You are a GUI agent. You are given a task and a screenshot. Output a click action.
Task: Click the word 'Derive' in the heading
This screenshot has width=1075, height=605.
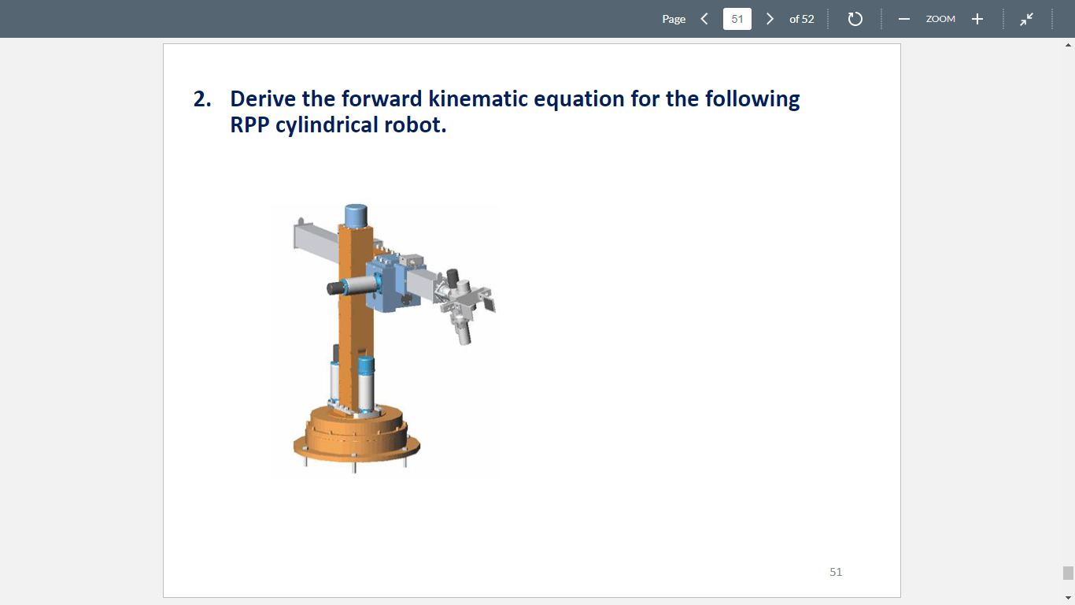pyautogui.click(x=263, y=99)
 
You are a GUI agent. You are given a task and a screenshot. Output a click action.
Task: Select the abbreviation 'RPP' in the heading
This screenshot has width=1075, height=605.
pyautogui.click(x=250, y=125)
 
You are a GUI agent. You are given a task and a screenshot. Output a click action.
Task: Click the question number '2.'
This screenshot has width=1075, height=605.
pyautogui.click(x=203, y=99)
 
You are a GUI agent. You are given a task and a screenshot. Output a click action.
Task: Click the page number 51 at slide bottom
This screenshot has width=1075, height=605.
pyautogui.click(x=836, y=572)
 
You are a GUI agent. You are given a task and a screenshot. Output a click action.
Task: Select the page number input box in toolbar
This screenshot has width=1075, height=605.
pyautogui.click(x=737, y=19)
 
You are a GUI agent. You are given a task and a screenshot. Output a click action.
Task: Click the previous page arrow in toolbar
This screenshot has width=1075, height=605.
pyautogui.click(x=704, y=19)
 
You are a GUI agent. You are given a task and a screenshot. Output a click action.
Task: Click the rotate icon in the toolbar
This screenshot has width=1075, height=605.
pyautogui.click(x=855, y=19)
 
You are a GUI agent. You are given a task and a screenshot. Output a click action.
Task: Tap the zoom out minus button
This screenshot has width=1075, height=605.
pyautogui.click(x=904, y=19)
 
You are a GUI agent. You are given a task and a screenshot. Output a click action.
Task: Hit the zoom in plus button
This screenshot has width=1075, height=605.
pyautogui.click(x=977, y=19)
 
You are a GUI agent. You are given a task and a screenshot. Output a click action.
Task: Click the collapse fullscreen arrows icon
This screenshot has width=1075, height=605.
pyautogui.click(x=1027, y=19)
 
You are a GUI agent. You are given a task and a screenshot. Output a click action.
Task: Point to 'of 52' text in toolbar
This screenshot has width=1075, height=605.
pyautogui.click(x=801, y=19)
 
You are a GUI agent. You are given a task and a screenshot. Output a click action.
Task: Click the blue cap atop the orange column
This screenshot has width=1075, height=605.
pyautogui.click(x=356, y=214)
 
